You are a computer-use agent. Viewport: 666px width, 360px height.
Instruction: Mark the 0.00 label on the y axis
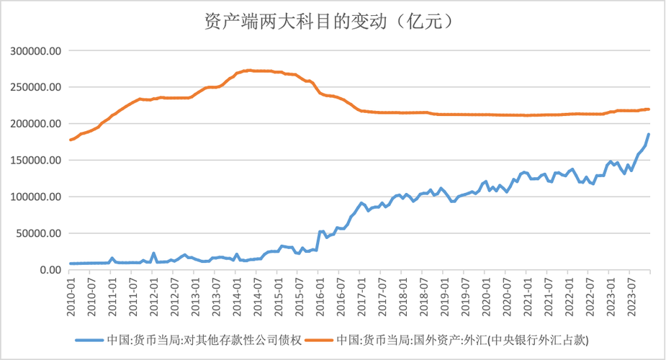click(52, 270)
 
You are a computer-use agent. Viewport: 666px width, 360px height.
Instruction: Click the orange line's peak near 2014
click(248, 70)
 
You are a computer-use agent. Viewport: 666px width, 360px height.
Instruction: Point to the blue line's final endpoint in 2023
click(649, 134)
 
